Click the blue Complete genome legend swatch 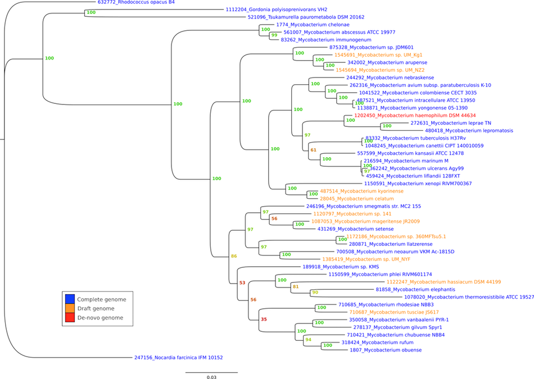click(x=70, y=299)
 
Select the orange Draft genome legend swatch click(x=70, y=308)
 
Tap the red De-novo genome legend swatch click(x=70, y=317)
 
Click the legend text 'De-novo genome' click(x=100, y=318)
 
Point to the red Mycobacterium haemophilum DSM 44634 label click(x=415, y=115)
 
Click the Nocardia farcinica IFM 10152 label click(x=179, y=358)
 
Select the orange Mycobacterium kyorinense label click(x=362, y=191)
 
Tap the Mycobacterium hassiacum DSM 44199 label click(x=444, y=281)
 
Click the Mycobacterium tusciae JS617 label click(x=394, y=312)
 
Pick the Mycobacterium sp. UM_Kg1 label click(x=378, y=55)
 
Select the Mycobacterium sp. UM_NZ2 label click(x=380, y=70)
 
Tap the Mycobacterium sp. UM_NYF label click(x=366, y=259)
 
